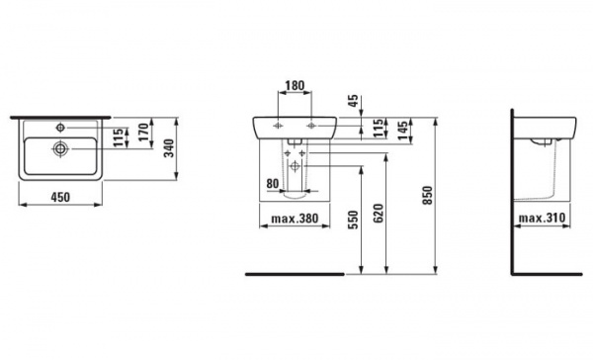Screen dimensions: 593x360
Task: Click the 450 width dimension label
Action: [60, 197]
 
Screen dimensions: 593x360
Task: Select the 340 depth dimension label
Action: [169, 148]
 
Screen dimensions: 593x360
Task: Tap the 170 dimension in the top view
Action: [143, 133]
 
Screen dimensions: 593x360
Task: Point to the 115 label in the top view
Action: [119, 137]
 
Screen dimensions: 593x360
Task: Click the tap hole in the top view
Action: [60, 128]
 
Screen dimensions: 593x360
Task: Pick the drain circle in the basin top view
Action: [60, 148]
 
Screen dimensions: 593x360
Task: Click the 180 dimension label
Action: [295, 86]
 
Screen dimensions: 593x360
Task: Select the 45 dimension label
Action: [353, 101]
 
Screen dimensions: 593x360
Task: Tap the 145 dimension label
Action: [403, 131]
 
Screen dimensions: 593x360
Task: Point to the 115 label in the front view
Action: [378, 129]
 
